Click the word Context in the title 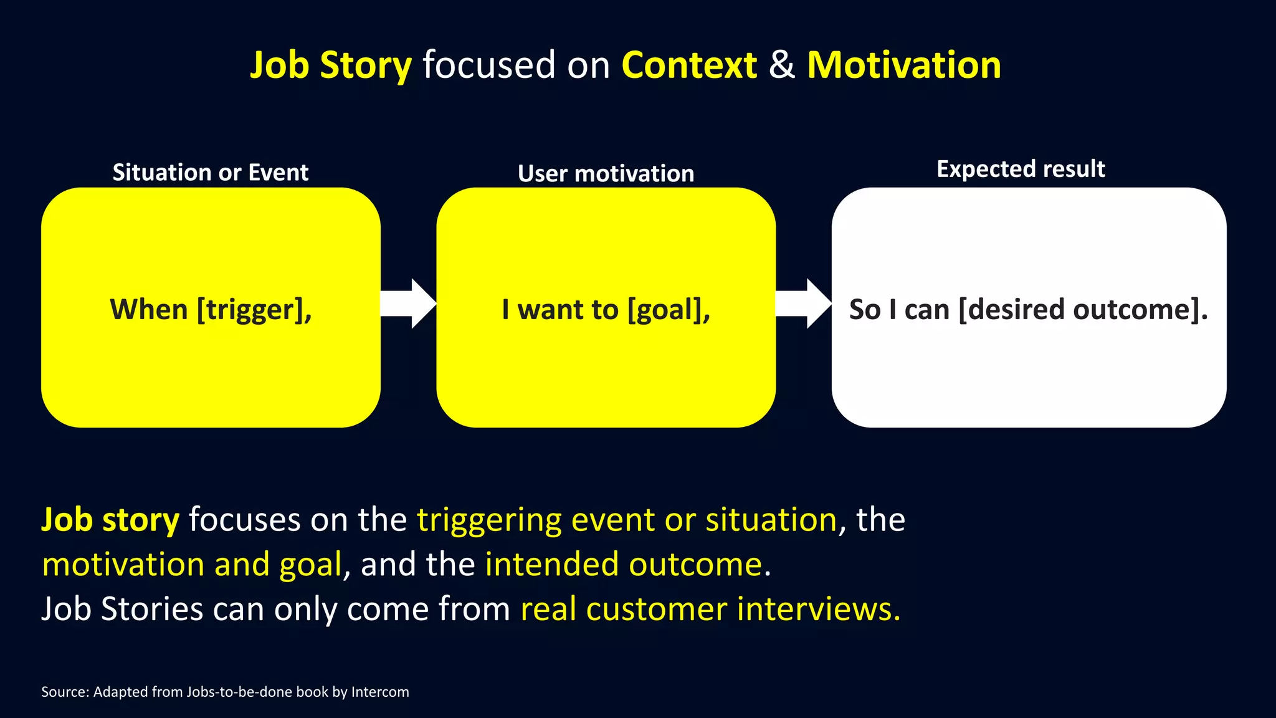coord(689,65)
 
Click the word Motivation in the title coord(903,65)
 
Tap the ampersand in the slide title coord(782,65)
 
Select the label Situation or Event coord(210,173)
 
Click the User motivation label coord(606,174)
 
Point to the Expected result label coord(1021,169)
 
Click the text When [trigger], coord(211,310)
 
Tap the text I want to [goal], coord(606,310)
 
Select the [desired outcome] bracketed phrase coord(1083,310)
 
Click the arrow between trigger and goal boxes coord(409,304)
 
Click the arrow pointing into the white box coord(804,304)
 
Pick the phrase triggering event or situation coord(627,519)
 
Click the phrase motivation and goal coord(192,564)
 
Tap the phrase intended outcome coord(624,564)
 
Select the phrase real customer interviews coord(710,609)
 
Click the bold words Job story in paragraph coord(110,519)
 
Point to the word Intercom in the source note coord(380,692)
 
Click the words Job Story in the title coord(331,65)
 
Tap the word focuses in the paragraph coord(245,519)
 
